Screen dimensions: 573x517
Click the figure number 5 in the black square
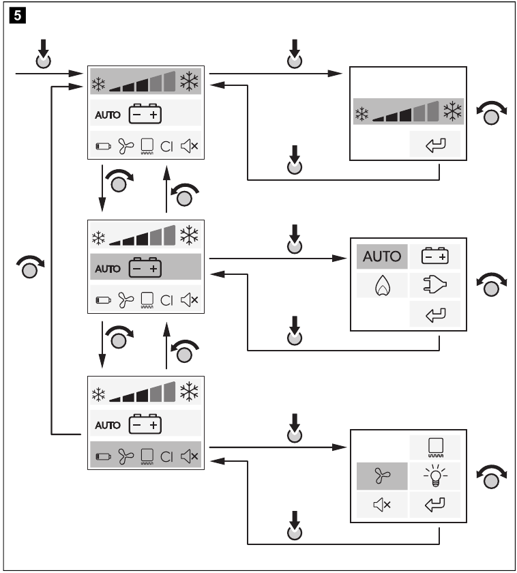(13, 13)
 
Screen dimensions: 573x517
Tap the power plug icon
(434, 285)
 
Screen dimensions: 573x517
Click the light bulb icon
(434, 475)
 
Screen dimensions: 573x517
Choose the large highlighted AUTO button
(381, 257)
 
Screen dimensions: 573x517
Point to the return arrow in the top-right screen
(434, 145)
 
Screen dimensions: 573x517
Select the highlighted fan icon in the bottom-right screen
(381, 475)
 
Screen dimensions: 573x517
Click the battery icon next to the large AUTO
(434, 257)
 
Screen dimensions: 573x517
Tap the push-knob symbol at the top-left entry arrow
(44, 60)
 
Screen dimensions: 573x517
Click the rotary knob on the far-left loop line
(29, 269)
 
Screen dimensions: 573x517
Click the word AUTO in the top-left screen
(107, 115)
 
